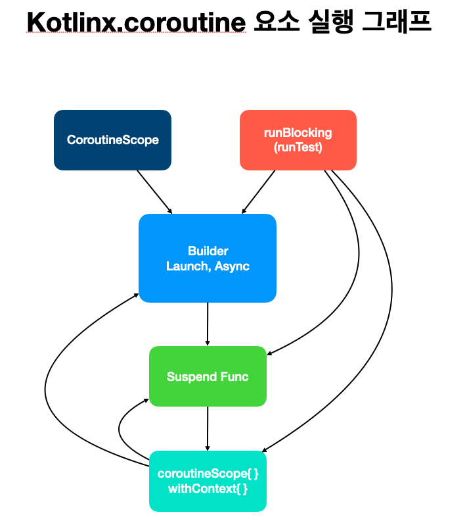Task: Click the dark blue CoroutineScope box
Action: click(x=112, y=139)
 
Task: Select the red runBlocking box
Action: click(x=298, y=139)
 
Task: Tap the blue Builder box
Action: click(x=208, y=258)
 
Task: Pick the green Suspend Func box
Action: click(x=208, y=376)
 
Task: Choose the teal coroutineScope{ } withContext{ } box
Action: click(x=208, y=481)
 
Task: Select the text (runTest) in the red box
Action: click(x=298, y=147)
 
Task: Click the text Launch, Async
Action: click(x=208, y=266)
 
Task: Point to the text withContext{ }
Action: click(x=208, y=489)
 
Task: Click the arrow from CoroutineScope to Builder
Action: click(x=154, y=191)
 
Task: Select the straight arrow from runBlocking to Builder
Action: click(x=259, y=191)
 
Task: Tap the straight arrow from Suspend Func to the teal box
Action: click(x=208, y=428)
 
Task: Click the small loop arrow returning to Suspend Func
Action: click(x=120, y=431)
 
